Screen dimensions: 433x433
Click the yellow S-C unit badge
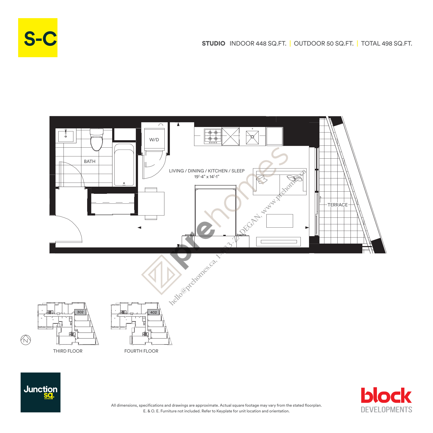click(x=38, y=38)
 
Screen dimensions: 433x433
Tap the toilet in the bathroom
click(x=96, y=140)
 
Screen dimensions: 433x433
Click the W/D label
click(x=154, y=140)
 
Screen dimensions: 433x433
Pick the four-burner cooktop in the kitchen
click(x=213, y=136)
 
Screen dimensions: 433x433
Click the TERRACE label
click(x=337, y=205)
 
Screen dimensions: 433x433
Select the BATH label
click(x=90, y=161)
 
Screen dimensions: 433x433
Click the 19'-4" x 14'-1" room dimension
click(x=207, y=177)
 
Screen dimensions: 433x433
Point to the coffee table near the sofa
click(x=280, y=221)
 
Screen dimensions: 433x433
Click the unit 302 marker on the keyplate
click(x=80, y=312)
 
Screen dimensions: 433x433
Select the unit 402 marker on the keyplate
click(x=153, y=312)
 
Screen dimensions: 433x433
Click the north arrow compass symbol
click(x=26, y=340)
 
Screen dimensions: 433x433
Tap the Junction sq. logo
click(x=40, y=392)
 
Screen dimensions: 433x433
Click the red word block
click(x=386, y=396)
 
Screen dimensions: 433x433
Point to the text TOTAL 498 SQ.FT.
click(x=386, y=43)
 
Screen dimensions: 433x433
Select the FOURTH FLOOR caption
click(x=141, y=351)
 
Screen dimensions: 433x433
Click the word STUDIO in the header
click(x=213, y=43)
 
